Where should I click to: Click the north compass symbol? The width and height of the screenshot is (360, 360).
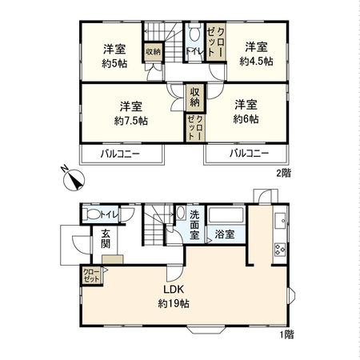pos(73,178)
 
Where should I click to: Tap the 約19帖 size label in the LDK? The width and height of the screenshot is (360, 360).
pos(174,303)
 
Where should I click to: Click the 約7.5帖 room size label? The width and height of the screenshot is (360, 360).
pos(131,121)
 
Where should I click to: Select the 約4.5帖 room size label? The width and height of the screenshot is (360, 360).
pos(256,62)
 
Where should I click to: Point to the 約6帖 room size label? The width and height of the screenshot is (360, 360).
pos(246,119)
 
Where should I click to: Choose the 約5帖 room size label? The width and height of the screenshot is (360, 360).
pos(114,63)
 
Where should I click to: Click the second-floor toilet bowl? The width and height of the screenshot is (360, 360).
pos(195,32)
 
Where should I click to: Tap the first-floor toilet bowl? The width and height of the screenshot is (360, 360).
pos(91,214)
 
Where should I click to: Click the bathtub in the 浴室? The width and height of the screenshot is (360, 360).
pos(226,214)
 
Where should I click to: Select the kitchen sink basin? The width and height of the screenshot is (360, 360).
pos(280,221)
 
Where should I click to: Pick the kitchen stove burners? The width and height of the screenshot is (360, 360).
pos(280,250)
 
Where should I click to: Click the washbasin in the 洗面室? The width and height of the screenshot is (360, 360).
pos(181,213)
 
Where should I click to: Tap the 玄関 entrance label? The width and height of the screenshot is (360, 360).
pos(106,238)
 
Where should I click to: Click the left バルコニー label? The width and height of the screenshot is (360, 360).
pos(120,154)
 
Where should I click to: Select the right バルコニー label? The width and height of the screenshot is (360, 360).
pos(250,154)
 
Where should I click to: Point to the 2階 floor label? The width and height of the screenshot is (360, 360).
pos(283,174)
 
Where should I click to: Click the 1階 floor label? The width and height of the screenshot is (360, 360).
pos(287,334)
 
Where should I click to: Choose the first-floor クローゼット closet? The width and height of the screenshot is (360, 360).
pos(92,276)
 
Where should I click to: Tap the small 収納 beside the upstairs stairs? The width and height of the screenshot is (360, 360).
pos(154,52)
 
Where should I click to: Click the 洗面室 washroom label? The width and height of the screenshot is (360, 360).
pos(194,225)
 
